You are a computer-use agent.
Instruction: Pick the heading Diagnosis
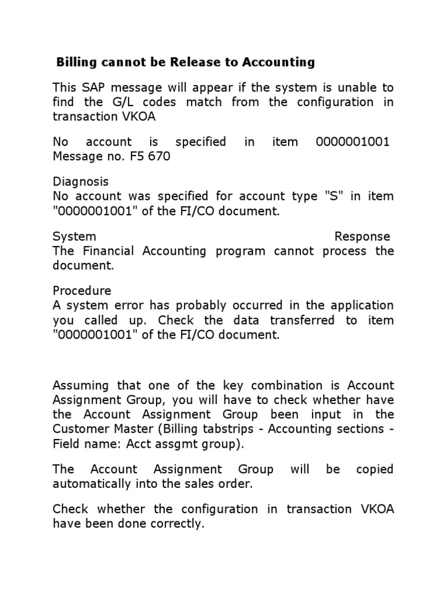[x=80, y=182]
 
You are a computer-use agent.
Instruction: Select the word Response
[x=362, y=236]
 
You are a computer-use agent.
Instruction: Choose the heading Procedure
[x=81, y=290]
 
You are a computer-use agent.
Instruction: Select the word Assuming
[x=81, y=385]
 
